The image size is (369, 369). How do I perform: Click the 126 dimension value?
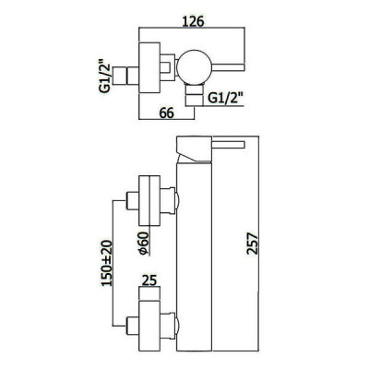click(x=194, y=21)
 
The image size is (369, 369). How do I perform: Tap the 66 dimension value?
click(x=166, y=113)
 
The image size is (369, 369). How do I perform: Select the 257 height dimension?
click(x=252, y=244)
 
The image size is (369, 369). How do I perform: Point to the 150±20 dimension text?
click(x=108, y=263)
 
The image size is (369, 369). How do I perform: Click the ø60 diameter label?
click(x=144, y=244)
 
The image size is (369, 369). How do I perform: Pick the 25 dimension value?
click(x=149, y=280)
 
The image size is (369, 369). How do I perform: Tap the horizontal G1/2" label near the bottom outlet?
click(x=224, y=99)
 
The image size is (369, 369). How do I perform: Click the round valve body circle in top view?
click(x=194, y=66)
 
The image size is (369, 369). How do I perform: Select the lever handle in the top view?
click(x=228, y=67)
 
